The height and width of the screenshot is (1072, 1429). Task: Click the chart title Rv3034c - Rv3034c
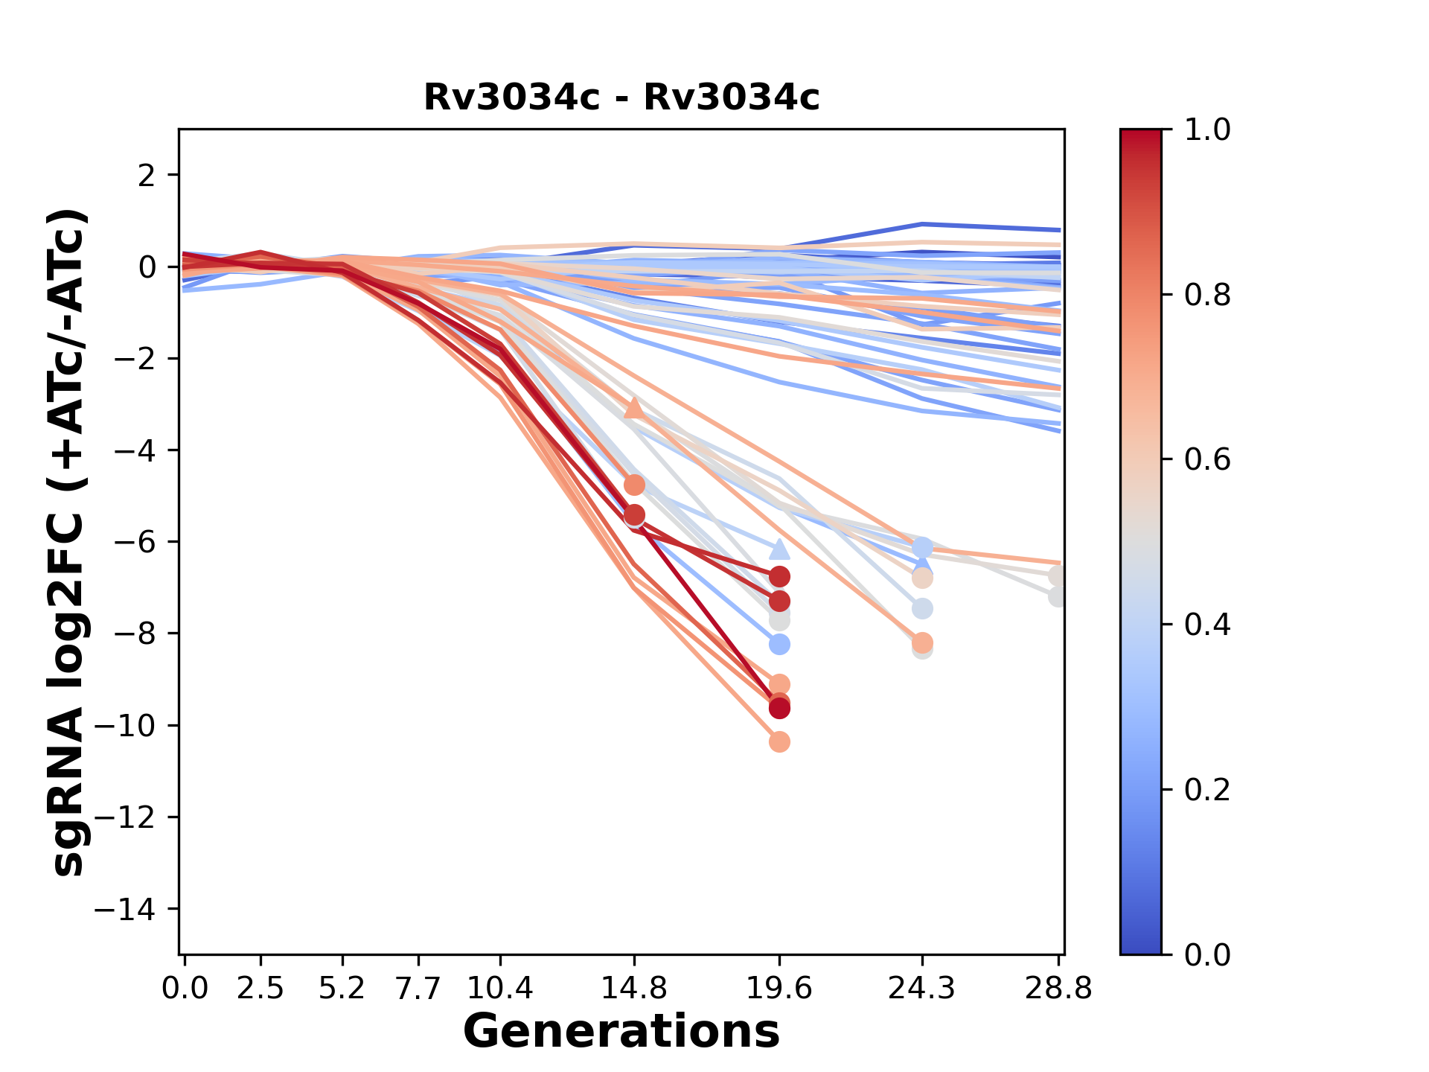(621, 98)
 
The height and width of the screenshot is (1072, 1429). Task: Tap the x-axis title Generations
(621, 1032)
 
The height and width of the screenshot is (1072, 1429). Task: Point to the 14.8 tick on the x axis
(633, 989)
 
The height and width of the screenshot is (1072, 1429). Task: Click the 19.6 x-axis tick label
(779, 989)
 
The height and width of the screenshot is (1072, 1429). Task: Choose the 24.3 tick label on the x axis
(921, 989)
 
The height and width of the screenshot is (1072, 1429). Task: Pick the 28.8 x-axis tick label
(1058, 989)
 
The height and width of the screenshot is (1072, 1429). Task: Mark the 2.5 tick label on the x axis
(260, 989)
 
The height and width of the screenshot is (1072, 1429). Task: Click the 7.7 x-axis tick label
(419, 989)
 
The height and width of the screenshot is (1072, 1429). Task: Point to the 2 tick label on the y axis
(147, 175)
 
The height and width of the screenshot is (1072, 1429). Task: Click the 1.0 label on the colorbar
(1207, 130)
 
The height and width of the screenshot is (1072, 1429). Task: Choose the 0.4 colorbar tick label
(1207, 625)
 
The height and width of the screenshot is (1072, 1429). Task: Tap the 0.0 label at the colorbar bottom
(1207, 954)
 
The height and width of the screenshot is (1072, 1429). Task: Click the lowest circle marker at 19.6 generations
(779, 741)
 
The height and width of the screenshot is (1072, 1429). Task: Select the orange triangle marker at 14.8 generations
(633, 407)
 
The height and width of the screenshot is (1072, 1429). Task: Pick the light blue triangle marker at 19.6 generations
(779, 549)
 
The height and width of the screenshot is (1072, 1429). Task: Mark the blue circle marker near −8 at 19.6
(779, 644)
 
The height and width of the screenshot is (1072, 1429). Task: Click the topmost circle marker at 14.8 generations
(634, 485)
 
